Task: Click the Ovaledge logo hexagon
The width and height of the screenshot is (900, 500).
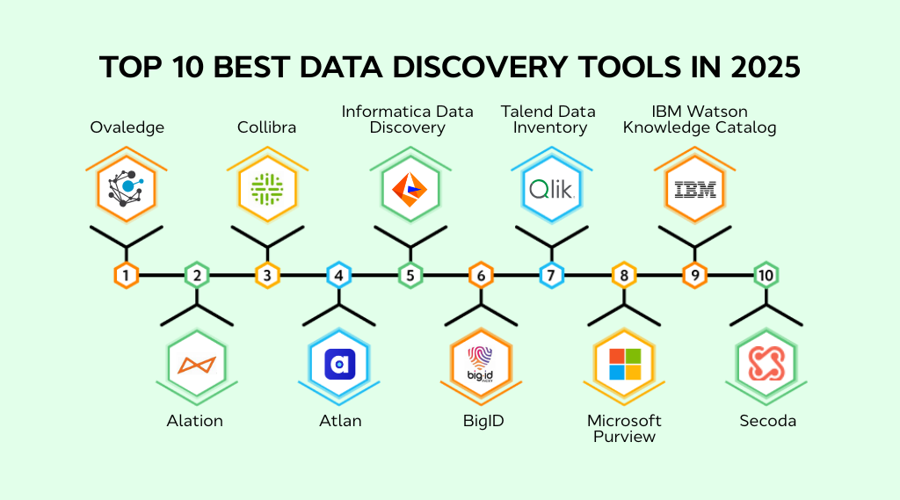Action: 127,187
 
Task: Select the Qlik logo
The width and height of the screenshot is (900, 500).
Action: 552,187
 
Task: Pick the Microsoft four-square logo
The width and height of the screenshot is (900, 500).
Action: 624,364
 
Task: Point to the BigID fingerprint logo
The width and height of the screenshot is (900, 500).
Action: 481,364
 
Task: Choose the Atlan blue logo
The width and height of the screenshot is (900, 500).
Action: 339,364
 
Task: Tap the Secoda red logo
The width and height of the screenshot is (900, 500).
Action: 766,364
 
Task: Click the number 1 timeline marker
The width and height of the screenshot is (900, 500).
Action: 127,275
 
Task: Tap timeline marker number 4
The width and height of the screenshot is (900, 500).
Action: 339,275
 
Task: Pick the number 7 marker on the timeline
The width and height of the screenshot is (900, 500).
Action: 552,275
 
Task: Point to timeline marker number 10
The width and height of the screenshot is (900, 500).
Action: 766,275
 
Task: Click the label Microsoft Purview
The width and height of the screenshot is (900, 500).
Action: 624,428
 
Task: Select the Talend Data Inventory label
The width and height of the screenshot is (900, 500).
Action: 548,120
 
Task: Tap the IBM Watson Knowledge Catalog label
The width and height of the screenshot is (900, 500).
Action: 700,120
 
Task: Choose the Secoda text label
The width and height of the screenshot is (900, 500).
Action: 767,421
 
